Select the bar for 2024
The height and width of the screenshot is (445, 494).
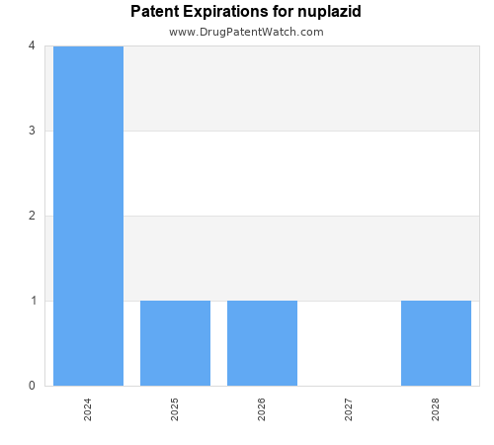[88, 216]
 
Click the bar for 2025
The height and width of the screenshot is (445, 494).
[175, 343]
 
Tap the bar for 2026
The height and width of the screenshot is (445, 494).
[262, 343]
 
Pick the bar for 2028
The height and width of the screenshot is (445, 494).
[436, 343]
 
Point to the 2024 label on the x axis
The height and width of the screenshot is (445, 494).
[88, 409]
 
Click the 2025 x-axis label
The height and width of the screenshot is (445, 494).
[175, 409]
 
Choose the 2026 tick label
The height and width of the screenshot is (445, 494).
[262, 409]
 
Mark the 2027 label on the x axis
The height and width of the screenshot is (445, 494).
[349, 409]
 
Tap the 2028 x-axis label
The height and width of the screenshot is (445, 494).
[436, 409]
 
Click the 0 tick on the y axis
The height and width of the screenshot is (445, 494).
[32, 386]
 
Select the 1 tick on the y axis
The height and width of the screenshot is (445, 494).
[32, 301]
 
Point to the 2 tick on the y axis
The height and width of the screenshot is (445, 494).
[32, 216]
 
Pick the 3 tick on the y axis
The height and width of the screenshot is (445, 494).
[32, 131]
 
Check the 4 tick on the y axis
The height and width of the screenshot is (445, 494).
[32, 45]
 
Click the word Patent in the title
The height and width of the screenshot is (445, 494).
[155, 12]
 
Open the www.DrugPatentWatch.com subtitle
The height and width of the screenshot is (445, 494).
[246, 32]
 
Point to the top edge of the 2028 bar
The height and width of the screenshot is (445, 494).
[436, 301]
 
